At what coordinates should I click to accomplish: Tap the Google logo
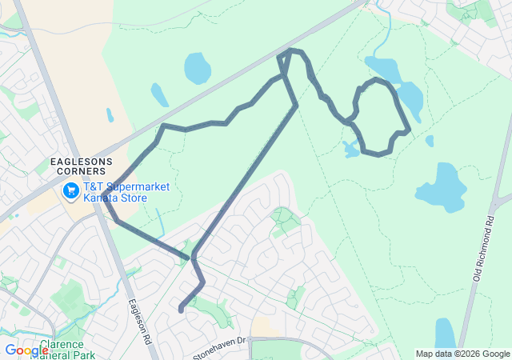(x=26, y=350)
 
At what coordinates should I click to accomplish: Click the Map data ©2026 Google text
(x=462, y=354)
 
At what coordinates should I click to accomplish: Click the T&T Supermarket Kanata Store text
(x=126, y=191)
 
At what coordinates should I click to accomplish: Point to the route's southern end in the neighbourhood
(x=182, y=310)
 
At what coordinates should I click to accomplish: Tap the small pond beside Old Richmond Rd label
(x=445, y=332)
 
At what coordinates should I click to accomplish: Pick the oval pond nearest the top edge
(x=197, y=68)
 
